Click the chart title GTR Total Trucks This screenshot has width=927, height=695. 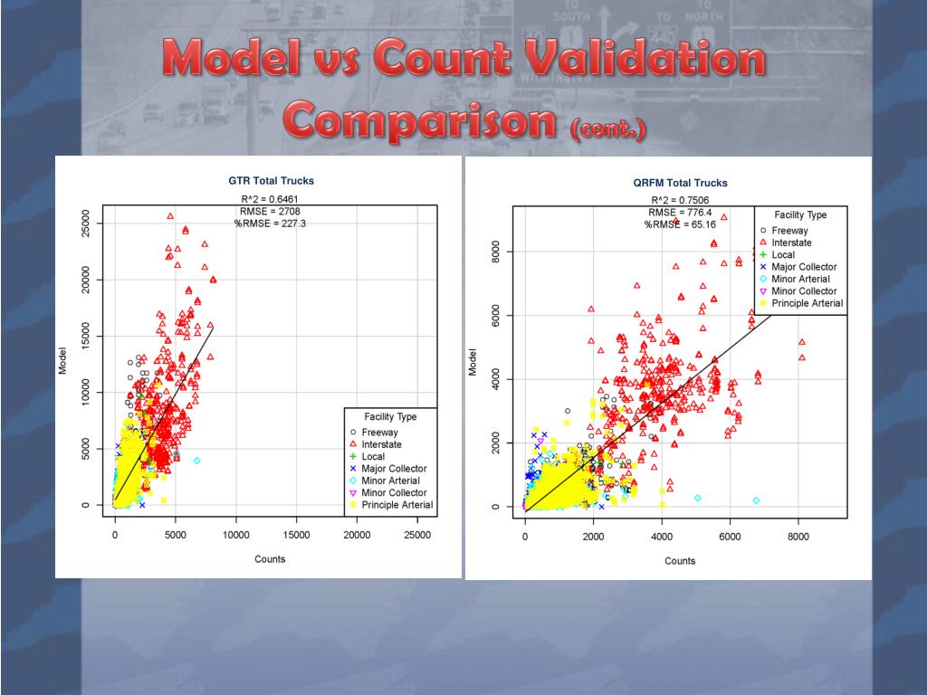[272, 181]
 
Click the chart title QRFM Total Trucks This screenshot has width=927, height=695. [680, 183]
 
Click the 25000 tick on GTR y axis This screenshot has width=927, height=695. [85, 223]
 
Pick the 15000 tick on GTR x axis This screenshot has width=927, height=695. [297, 535]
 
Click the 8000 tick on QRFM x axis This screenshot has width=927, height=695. [798, 537]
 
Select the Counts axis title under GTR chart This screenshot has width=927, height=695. [270, 559]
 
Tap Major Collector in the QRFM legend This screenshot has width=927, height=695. [804, 267]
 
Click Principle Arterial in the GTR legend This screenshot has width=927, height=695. [397, 505]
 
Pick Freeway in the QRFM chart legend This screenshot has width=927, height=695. [790, 231]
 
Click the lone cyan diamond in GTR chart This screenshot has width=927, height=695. [196, 461]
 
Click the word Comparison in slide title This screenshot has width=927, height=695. [420, 119]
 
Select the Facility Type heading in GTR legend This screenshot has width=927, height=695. [390, 417]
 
